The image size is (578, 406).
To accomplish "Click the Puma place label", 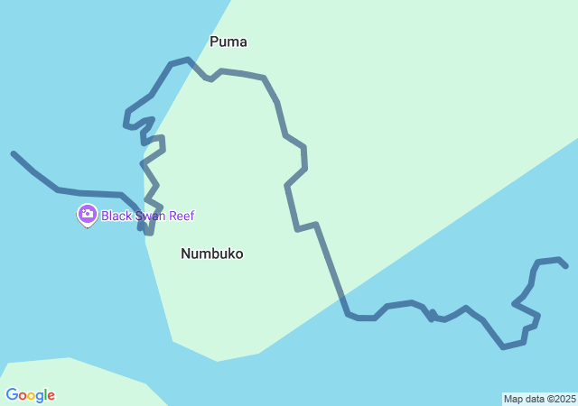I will [x=228, y=42].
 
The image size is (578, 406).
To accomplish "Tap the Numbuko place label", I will [x=211, y=254].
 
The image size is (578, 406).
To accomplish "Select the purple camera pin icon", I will [x=87, y=215].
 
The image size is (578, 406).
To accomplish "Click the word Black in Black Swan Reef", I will [x=116, y=216].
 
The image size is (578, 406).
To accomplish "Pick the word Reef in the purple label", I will [x=181, y=216].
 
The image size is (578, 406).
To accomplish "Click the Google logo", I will [x=30, y=395].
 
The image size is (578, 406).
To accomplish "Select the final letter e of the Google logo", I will [x=51, y=396].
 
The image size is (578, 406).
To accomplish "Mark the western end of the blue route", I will [x=14, y=153].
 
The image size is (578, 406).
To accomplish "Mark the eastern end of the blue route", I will [x=565, y=266].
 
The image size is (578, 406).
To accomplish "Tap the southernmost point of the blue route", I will [x=504, y=346].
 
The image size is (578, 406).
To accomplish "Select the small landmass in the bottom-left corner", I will [x=72, y=383].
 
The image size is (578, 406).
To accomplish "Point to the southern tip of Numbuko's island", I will [x=217, y=360].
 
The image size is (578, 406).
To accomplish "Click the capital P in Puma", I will [x=214, y=42].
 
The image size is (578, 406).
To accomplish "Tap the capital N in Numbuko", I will [x=186, y=254].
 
